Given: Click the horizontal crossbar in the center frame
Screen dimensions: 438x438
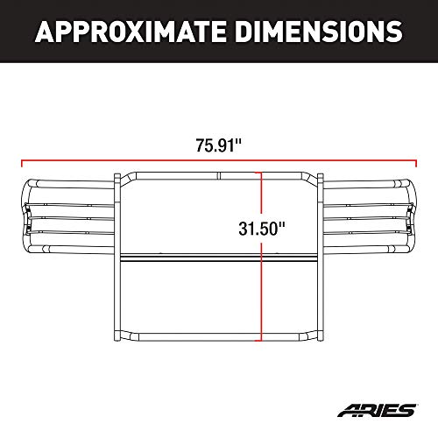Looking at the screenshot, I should [219, 259].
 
